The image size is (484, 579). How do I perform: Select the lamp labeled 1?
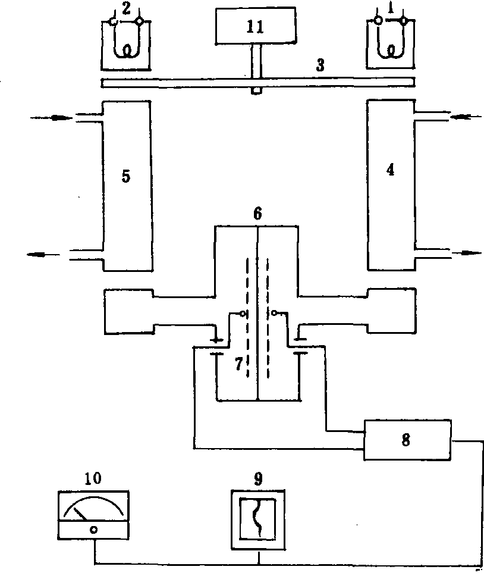click(391, 42)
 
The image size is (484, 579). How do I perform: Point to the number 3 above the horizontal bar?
click(320, 65)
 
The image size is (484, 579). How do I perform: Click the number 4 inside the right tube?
click(390, 169)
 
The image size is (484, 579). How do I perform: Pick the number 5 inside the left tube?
click(125, 177)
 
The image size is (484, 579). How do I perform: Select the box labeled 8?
click(406, 441)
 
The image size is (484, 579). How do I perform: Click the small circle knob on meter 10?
click(93, 529)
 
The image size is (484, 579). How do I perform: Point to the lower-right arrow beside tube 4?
click(467, 252)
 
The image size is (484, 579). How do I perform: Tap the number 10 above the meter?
click(93, 478)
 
